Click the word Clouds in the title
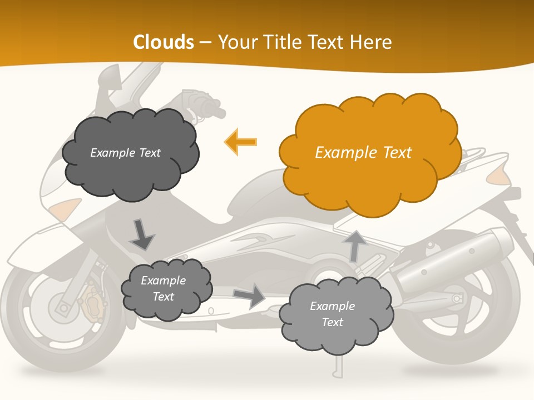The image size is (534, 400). point(163,42)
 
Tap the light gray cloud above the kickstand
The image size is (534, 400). point(336,315)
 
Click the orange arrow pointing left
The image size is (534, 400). point(241,142)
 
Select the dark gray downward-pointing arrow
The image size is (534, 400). point(142,234)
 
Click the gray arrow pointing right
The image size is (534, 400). point(250,296)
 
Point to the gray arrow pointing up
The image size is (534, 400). point(354,245)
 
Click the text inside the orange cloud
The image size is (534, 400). point(363,153)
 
